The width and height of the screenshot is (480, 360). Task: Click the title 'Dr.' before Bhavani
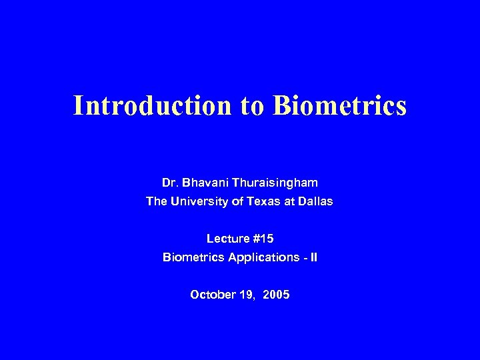point(169,182)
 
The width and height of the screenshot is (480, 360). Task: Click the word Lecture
point(226,238)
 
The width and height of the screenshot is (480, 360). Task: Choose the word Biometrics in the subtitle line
point(191,257)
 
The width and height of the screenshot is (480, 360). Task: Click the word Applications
point(261,257)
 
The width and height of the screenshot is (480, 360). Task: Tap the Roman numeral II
point(313,257)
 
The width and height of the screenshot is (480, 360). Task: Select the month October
point(212,294)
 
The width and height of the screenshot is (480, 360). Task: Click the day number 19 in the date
point(247,294)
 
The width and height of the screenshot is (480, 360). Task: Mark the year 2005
point(277,294)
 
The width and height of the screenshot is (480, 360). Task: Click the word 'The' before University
point(156,201)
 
